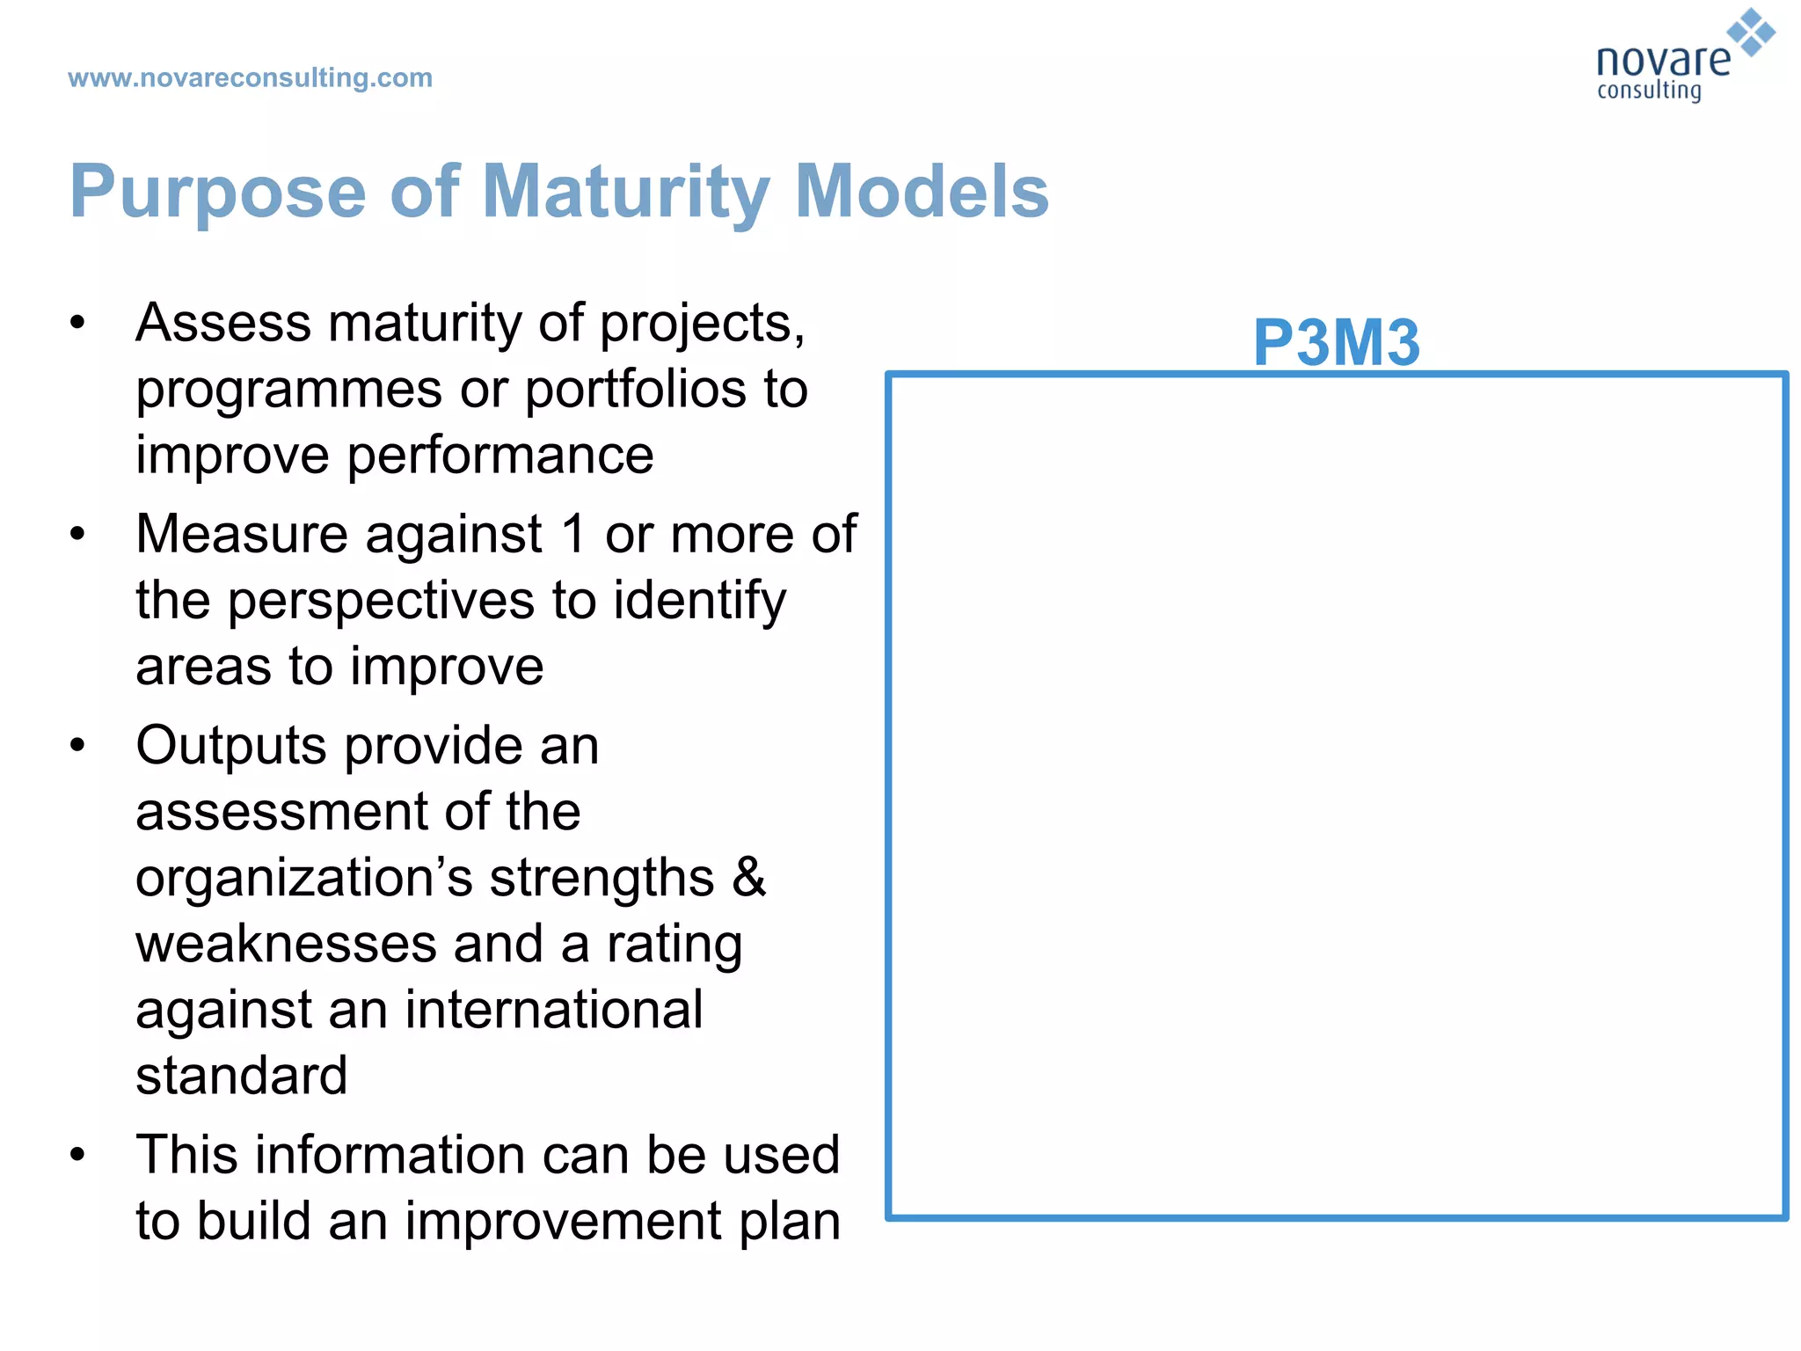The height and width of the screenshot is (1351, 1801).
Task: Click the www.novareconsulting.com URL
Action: [x=250, y=78]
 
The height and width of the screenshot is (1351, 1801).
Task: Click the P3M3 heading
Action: [x=1335, y=342]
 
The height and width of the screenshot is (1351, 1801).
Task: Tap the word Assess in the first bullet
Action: [x=222, y=323]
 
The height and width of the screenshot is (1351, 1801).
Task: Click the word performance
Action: [x=500, y=456]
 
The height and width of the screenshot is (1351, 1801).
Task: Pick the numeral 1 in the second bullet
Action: [x=573, y=534]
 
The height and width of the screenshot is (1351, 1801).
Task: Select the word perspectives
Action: [x=382, y=602]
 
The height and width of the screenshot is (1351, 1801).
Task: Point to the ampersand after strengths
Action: [x=748, y=877]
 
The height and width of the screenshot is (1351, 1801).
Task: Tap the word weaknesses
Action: [x=287, y=944]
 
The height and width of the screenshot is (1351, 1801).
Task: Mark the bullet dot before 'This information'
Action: [x=78, y=1154]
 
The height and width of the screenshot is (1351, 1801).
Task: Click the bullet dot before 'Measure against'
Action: [x=78, y=534]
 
